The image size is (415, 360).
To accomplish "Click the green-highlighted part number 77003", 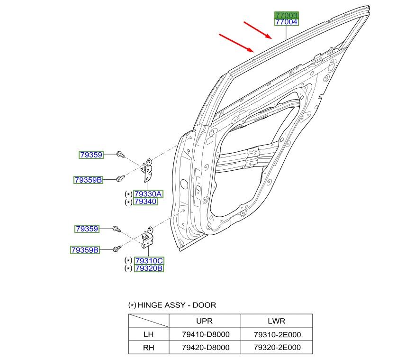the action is pos(286,15).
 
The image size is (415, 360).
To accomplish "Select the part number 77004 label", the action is pos(286,22).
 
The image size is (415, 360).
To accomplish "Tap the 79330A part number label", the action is pos(148,194).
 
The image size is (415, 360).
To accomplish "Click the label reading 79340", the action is pos(145,202).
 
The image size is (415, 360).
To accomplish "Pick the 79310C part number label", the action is pos(149,261).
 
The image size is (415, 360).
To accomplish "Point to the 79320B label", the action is pos(149,268).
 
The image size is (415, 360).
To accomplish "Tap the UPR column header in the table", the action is pos(204,321).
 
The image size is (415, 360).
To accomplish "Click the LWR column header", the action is pos(277,321).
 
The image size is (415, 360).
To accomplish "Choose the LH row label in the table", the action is pos(148,334).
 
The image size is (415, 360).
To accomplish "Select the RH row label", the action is pos(148,347).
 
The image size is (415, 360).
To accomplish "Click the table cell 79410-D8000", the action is pos(206,334).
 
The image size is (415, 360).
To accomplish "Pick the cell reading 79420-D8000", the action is pos(206,348).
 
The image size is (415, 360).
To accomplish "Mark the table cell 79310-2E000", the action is pos(277,334).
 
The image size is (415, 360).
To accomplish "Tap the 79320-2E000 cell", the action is pos(277,348).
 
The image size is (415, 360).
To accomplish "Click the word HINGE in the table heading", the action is pos(148,305).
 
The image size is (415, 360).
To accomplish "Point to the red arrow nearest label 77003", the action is pos(258,30).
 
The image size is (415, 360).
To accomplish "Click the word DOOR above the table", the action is pos(204,305).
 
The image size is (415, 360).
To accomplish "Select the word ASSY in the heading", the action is pos(175,305).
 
